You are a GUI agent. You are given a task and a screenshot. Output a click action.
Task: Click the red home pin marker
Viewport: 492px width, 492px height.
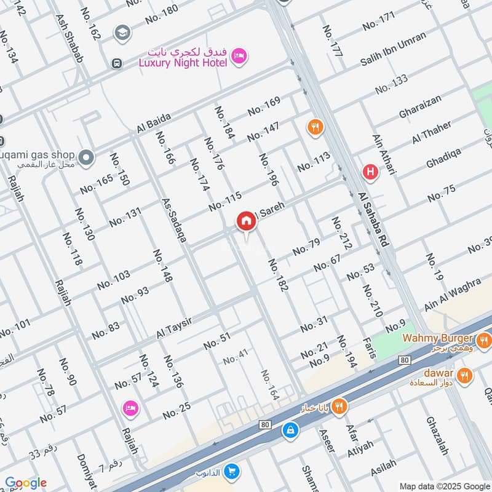point(246,221)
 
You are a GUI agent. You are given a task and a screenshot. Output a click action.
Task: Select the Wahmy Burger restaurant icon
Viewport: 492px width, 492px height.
point(484,339)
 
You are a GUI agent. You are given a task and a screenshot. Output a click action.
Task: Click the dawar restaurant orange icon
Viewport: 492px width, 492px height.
point(465,374)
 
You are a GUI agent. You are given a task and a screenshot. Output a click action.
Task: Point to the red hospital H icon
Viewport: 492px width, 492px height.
point(370,172)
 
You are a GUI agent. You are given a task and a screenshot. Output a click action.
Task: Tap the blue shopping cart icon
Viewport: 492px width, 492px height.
point(232,472)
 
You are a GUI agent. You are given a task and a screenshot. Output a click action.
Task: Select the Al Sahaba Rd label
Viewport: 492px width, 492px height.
point(373,220)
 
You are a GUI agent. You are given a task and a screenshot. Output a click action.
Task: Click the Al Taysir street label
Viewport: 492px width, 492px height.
point(175,325)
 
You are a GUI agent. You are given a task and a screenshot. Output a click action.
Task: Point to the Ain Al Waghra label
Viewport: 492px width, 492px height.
point(452,295)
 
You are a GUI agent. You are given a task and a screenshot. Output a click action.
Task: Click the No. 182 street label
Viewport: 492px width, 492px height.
point(278,274)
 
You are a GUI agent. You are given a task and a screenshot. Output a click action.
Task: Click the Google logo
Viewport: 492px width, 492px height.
point(25,483)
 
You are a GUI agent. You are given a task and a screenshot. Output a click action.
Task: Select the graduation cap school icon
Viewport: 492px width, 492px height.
point(122,31)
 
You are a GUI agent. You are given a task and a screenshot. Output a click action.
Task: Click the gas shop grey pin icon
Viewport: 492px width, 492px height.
point(86,157)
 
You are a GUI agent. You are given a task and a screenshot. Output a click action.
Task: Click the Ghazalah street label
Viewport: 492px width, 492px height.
point(437,436)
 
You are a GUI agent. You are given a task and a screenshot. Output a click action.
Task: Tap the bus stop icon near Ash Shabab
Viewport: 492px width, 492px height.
point(116,63)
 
